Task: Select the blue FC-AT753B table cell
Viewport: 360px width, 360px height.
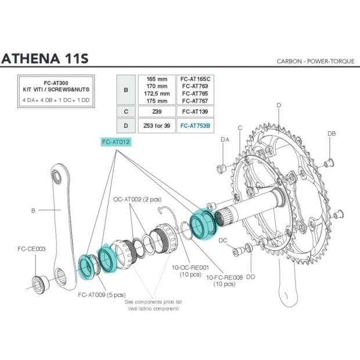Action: coord(195,125)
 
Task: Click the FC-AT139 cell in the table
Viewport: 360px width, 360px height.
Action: coord(195,110)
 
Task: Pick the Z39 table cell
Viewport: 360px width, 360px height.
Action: coord(157,110)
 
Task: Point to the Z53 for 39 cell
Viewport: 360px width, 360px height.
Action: coord(157,125)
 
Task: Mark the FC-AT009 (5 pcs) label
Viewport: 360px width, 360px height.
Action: coord(102,294)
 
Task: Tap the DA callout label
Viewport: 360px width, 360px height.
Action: coord(225,139)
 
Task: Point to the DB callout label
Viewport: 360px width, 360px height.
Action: coord(332,134)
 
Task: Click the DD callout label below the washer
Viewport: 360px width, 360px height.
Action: coord(250,277)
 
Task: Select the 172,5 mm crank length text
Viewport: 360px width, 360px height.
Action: coord(157,93)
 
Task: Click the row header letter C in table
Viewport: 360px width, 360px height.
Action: coord(126,110)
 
